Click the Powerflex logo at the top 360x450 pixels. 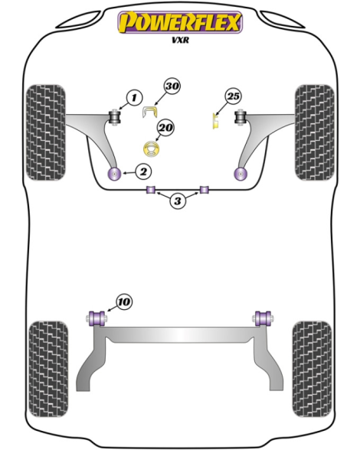point(180,22)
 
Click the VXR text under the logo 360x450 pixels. point(181,40)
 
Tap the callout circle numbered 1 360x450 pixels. point(134,98)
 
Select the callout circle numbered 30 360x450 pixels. point(172,86)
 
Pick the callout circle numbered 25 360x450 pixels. point(233,96)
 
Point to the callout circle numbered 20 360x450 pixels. point(165,127)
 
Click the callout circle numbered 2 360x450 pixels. point(143,171)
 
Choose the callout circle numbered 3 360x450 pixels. point(178,201)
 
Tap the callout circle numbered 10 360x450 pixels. point(124,302)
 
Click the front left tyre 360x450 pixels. point(45,132)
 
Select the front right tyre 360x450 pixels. point(314,132)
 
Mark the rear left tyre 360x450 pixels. point(48,369)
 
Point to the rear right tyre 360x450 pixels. point(312,369)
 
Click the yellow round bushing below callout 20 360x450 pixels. point(152,149)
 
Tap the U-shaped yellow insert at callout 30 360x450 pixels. point(150,112)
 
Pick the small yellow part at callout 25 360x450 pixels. point(215,121)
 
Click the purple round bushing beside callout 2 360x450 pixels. point(114,173)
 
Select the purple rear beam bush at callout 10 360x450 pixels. point(97,318)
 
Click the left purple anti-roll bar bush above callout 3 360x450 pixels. point(151,190)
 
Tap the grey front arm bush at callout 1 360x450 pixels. point(116,117)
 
